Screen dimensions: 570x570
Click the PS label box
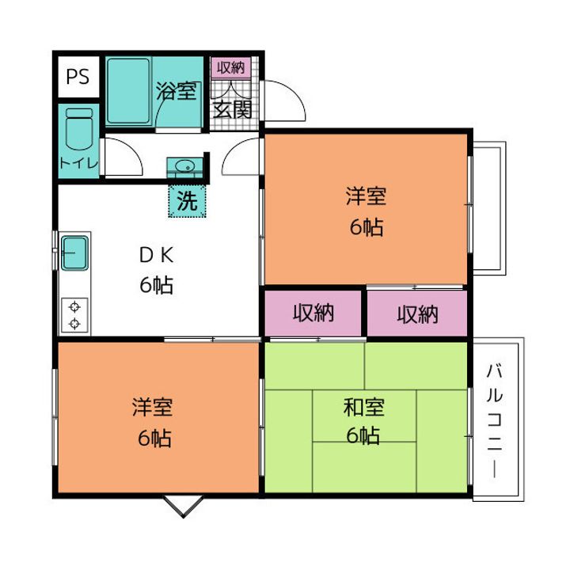pos(78,77)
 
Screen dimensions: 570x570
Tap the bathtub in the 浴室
pos(128,91)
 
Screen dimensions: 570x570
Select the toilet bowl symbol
pos(79,129)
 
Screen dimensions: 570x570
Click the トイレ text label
pos(79,163)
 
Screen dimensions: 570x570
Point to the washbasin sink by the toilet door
pos(184,167)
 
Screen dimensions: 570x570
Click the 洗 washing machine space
pos(187,200)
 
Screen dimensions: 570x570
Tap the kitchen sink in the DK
pos(74,253)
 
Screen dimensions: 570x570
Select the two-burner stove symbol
pos(74,315)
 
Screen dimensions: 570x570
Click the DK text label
pos(156,255)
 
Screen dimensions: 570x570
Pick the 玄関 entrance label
pos(232,109)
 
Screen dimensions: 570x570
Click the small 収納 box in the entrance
pos(231,68)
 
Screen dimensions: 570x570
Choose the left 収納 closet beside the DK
pos(313,313)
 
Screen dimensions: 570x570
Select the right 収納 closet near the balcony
pos(417,313)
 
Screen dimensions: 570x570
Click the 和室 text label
pos(364,407)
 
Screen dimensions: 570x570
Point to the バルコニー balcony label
pos(495,420)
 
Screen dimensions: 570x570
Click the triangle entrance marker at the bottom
pos(183,506)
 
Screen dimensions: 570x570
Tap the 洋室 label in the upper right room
pos(366,196)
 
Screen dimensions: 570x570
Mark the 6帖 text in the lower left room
pos(154,438)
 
